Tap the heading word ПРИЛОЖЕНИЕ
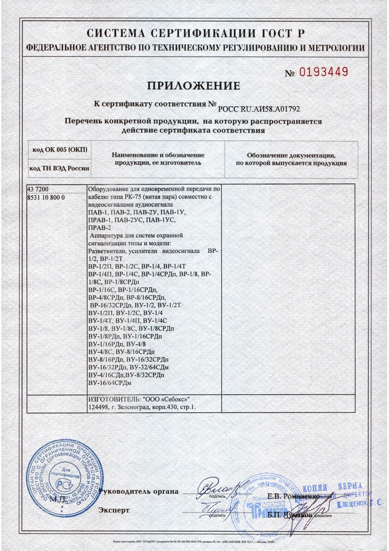[194, 86]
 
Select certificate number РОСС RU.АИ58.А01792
[259, 108]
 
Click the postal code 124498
[99, 406]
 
